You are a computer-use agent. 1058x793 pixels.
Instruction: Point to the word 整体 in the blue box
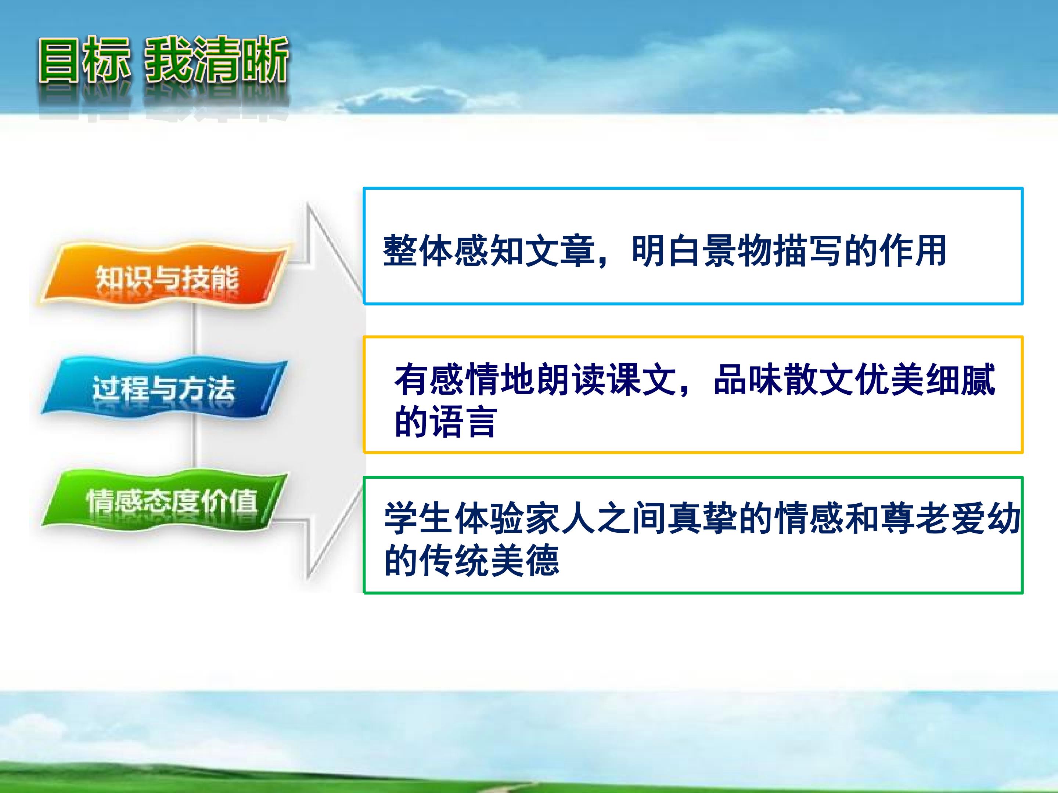point(418,250)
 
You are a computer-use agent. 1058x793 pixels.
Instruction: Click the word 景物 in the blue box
point(738,250)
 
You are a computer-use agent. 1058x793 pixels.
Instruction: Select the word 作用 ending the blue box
point(914,250)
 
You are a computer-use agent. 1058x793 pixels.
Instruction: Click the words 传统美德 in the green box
point(490,560)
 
